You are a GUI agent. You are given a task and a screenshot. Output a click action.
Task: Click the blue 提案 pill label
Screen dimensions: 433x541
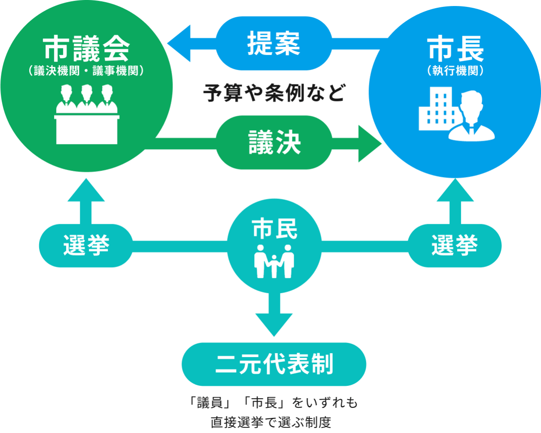click(274, 43)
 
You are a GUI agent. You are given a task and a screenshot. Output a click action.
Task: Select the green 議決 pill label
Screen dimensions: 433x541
click(274, 142)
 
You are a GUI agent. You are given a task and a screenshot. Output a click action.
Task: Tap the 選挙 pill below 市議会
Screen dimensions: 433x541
click(86, 246)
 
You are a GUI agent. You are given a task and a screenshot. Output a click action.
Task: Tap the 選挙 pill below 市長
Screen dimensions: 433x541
click(454, 246)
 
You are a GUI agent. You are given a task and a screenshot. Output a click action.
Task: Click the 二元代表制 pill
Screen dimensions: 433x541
click(274, 364)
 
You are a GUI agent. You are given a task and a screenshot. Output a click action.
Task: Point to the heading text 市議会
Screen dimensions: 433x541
click(86, 49)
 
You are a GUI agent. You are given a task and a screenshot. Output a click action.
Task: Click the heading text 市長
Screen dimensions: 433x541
click(456, 49)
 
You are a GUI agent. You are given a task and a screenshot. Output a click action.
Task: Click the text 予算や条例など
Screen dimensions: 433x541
click(274, 93)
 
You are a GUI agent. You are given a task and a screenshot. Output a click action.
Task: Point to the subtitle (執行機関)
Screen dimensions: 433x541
click(456, 71)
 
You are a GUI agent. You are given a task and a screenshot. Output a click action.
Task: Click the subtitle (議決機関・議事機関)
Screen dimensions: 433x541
click(86, 71)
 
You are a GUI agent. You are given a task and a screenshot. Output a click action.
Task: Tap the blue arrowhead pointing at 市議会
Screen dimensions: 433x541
click(179, 44)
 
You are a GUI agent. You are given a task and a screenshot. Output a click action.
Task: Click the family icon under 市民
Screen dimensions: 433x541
click(274, 262)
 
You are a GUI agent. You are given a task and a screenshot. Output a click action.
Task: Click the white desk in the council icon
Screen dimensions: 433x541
click(86, 129)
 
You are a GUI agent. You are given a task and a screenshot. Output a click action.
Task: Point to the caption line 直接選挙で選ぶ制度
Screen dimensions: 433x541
click(270, 422)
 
